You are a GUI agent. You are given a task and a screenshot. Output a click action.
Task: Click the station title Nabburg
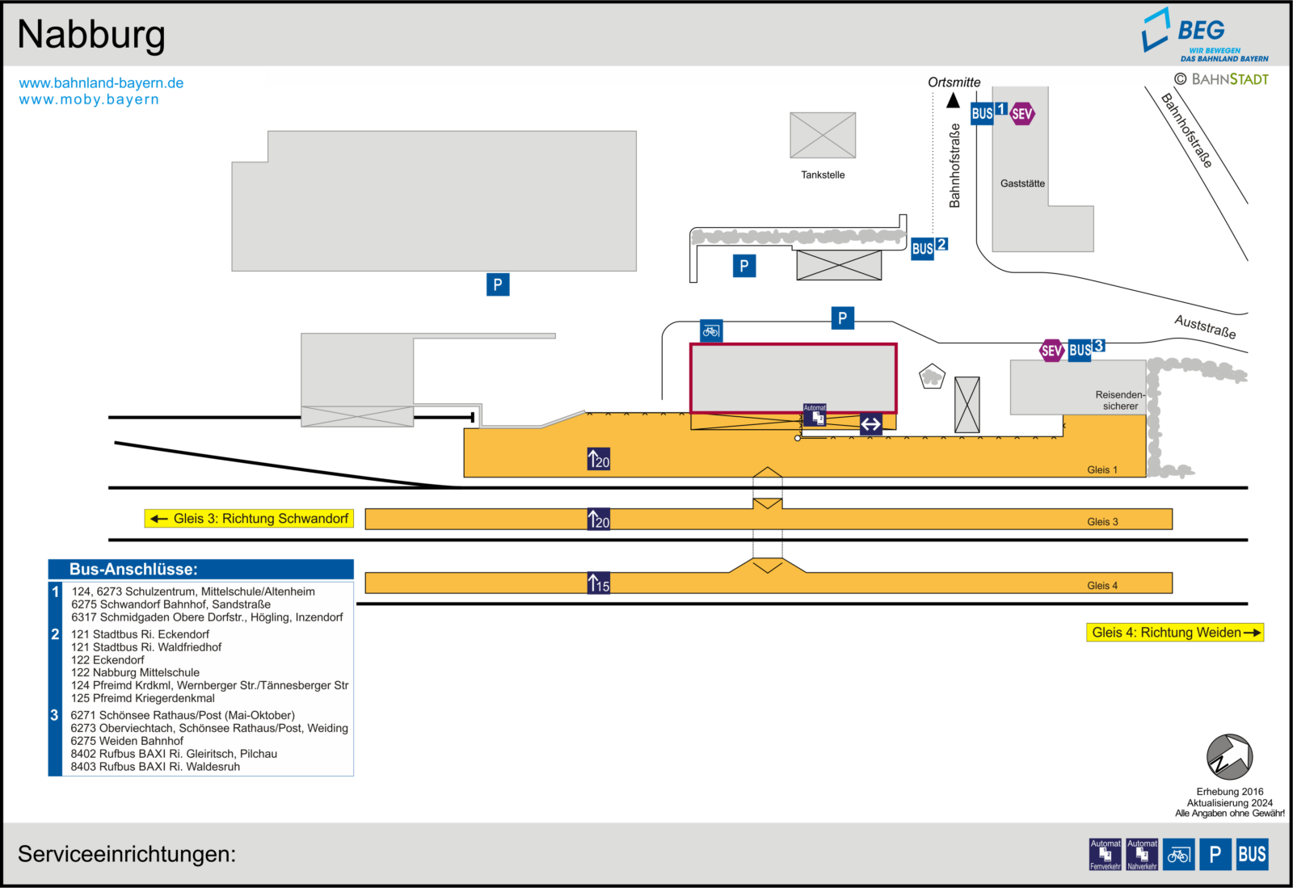(91, 36)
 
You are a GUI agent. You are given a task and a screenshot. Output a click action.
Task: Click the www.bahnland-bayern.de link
(101, 83)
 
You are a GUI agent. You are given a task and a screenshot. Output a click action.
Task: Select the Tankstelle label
(823, 175)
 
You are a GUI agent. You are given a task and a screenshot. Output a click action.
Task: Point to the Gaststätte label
(1022, 183)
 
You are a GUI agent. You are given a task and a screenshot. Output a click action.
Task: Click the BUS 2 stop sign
(929, 248)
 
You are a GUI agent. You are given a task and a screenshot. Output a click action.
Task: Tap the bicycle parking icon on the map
(711, 331)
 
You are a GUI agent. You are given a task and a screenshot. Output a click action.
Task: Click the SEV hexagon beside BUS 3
(1051, 351)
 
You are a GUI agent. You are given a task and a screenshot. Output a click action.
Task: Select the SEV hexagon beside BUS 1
(1021, 114)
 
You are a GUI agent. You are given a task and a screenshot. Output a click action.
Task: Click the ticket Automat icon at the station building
(815, 415)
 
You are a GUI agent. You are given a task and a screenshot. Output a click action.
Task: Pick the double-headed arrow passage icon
(870, 425)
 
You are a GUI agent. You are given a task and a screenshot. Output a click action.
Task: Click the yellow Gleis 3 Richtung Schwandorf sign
(249, 519)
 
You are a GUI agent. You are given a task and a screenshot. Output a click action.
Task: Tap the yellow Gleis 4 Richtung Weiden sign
(1175, 633)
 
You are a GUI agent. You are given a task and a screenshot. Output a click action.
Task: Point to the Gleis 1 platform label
(1102, 469)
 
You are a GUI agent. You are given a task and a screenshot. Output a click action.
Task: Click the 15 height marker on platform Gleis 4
(599, 583)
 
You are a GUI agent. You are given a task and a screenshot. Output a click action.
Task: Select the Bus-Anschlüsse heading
(133, 570)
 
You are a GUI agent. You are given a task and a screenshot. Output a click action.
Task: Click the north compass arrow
(1229, 756)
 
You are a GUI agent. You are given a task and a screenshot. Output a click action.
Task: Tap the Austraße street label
(1205, 327)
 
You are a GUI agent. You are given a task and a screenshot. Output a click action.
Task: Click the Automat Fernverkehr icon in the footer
(1105, 855)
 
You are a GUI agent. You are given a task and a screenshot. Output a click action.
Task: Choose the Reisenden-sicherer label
(1120, 401)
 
